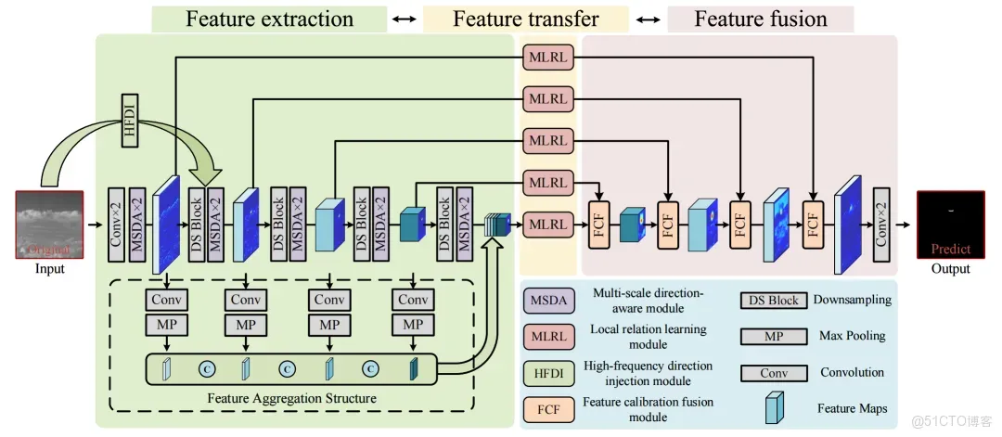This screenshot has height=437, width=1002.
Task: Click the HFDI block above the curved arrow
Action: [x=131, y=121]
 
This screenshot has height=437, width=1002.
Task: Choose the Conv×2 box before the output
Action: [x=881, y=223]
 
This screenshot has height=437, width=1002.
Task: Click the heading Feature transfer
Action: [x=525, y=19]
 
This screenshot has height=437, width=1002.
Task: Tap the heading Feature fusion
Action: [x=761, y=19]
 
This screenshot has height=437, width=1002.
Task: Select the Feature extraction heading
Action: [x=269, y=19]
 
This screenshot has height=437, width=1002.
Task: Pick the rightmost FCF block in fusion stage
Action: [x=813, y=224]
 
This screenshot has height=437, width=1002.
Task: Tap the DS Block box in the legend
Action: [x=772, y=300]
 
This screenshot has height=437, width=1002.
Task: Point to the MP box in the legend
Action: [x=772, y=335]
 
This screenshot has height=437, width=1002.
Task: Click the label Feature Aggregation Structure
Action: [x=292, y=399]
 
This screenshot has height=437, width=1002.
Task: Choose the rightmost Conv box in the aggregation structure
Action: [x=413, y=300]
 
